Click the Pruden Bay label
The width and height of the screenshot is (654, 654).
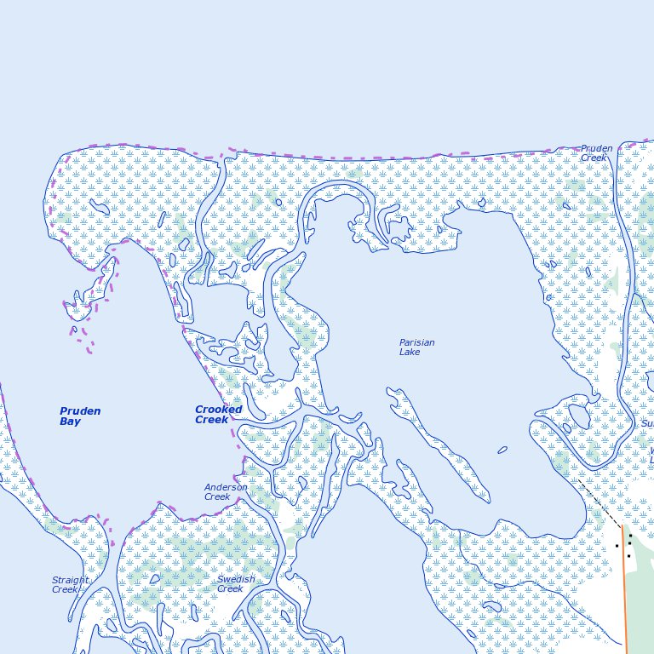(80, 416)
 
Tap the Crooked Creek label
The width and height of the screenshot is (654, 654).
(218, 415)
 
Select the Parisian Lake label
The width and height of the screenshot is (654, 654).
(416, 347)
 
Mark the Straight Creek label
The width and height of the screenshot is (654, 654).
(70, 584)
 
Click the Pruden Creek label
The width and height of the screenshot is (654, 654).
(596, 153)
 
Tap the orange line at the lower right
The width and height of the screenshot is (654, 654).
(625, 588)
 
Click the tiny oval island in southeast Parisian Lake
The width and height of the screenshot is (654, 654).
(502, 450)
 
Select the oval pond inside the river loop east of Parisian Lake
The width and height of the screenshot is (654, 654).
(578, 416)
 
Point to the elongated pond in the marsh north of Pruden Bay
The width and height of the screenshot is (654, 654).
(99, 208)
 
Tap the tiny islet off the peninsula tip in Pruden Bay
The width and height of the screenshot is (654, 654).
(74, 330)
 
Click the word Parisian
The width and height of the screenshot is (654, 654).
(416, 342)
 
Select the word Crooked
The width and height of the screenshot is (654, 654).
(218, 410)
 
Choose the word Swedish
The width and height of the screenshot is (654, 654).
(235, 579)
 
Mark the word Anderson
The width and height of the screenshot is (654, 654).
(226, 487)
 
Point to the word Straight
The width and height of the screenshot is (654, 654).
(70, 580)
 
